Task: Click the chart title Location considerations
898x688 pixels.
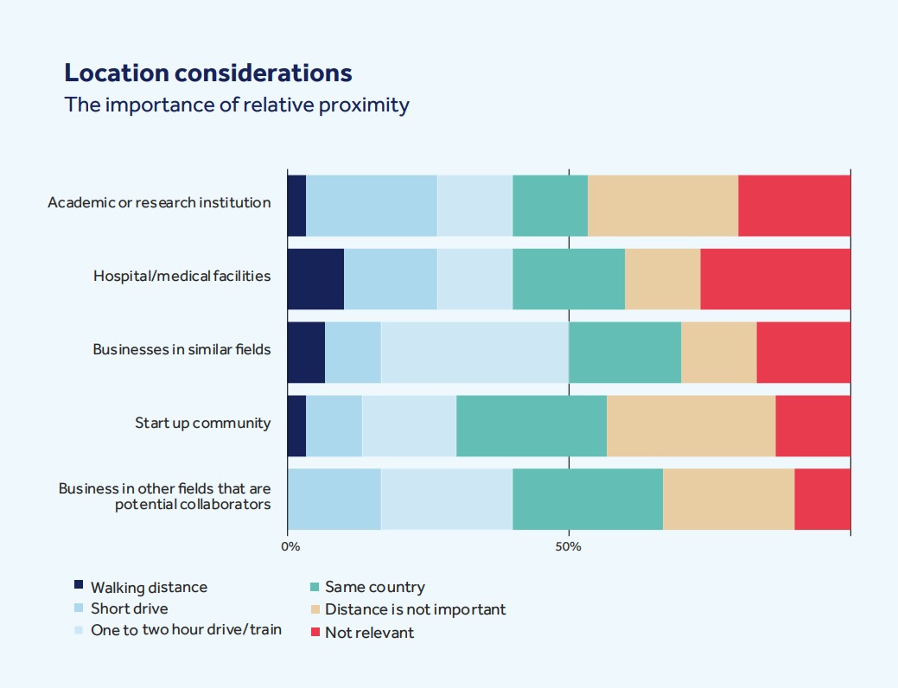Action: coord(208,73)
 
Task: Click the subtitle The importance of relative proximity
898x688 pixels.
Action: coord(237,105)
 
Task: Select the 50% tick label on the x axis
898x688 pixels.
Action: coord(568,546)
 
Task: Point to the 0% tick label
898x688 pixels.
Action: coord(291,546)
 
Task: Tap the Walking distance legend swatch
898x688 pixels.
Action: coord(79,585)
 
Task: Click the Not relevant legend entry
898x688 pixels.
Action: coord(369,633)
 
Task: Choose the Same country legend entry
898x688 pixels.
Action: coord(374,588)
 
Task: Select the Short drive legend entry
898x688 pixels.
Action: coord(129,608)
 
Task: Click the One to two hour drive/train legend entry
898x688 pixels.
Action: coord(186,630)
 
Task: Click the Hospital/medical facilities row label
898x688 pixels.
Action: coord(182,277)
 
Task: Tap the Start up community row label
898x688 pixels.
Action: coord(202,424)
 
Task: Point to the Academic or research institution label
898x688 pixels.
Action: coord(159,203)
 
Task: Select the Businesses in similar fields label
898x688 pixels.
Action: coord(182,350)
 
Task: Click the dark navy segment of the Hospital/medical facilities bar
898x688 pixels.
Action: coord(315,278)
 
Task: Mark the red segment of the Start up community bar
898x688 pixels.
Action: coord(812,425)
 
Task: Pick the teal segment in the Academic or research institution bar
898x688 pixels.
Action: coord(550,205)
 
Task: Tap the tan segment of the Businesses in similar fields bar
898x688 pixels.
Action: coord(718,352)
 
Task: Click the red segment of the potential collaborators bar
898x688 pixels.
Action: coord(822,499)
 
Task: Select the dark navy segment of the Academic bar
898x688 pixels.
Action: coord(296,205)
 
